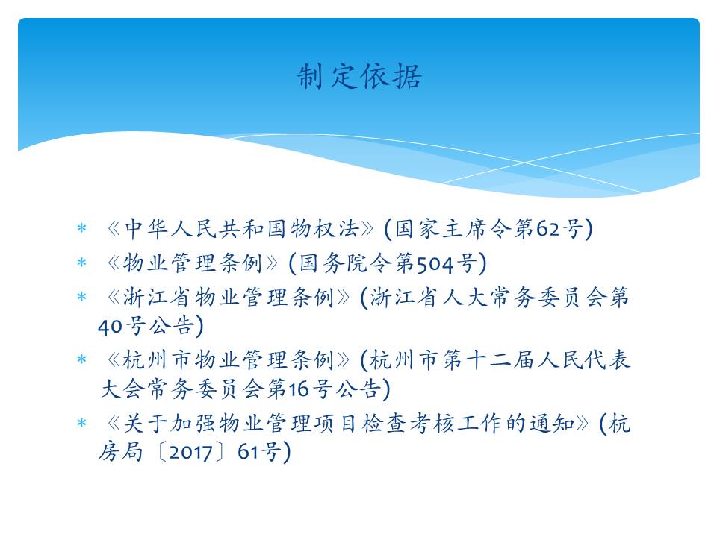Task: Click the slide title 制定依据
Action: pyautogui.click(x=359, y=76)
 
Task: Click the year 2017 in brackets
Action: pyautogui.click(x=190, y=453)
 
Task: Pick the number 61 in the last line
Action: pyautogui.click(x=248, y=452)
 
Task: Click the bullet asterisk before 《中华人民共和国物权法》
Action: pyautogui.click(x=81, y=228)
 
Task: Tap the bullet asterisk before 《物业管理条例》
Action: pyautogui.click(x=81, y=263)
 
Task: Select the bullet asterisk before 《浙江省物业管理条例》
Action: pyautogui.click(x=81, y=298)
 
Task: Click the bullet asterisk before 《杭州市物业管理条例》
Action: pyautogui.click(x=81, y=359)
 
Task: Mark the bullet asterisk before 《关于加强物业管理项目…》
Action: pyautogui.click(x=81, y=423)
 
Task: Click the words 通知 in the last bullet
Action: pyautogui.click(x=552, y=424)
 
